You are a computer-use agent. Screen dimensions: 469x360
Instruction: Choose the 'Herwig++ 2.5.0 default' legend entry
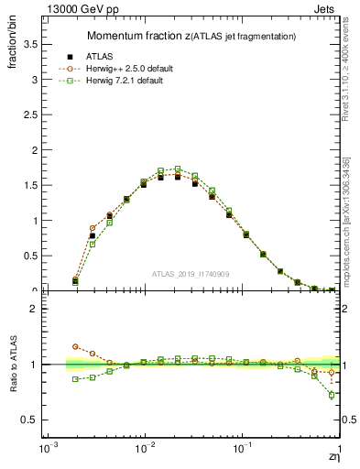[134, 68]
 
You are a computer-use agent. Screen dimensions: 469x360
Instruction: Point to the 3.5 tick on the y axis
[31, 43]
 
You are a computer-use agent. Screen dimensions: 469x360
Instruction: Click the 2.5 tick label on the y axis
[31, 115]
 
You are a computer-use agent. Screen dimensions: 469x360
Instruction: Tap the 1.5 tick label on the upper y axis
[31, 185]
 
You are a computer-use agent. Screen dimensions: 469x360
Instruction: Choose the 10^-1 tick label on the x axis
[242, 449]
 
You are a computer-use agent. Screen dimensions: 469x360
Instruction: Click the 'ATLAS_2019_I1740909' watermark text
[191, 274]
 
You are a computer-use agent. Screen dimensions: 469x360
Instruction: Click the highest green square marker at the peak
[178, 169]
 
